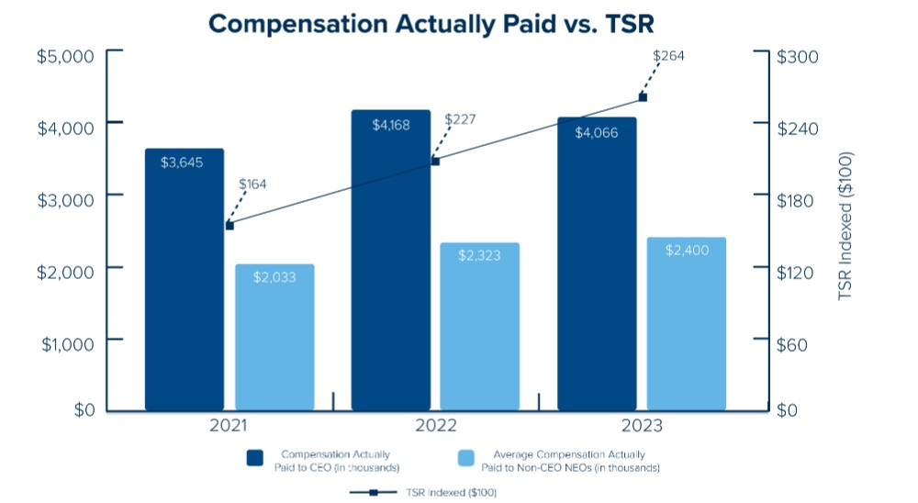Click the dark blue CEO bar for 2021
coord(185,279)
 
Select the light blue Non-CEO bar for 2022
coord(479,327)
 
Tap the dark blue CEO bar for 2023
coord(597,263)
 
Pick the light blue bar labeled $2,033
coord(274,337)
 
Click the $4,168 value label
coord(391,125)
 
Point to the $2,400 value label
coord(687,250)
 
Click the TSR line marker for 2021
coord(229,226)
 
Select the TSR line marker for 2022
coord(435,161)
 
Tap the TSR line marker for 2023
coord(643,97)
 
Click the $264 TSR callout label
coord(668,56)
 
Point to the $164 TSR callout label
coord(252,184)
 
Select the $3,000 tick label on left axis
coord(65,200)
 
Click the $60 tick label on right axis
coord(791,344)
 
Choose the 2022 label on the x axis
coord(435,425)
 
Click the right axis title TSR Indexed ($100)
coord(845,226)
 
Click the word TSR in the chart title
coord(629,24)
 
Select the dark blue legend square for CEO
coord(254,458)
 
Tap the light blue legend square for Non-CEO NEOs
coord(466,458)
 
